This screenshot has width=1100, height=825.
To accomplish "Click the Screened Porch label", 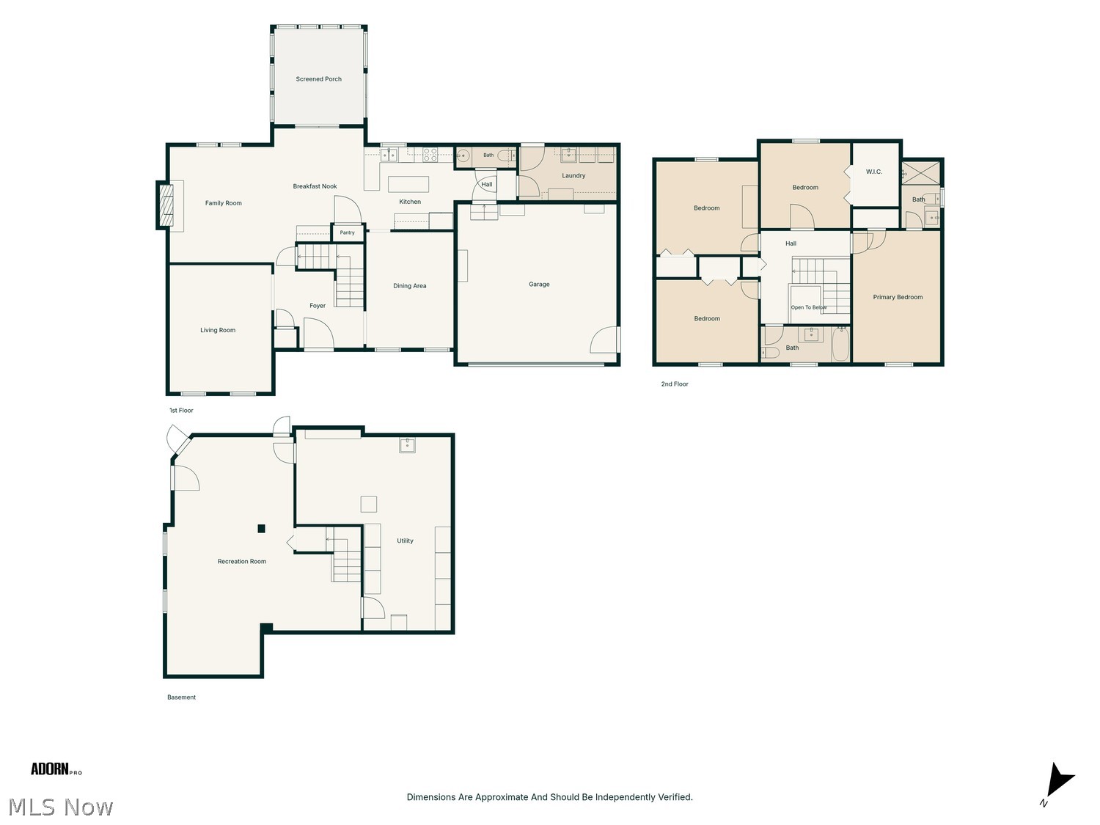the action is coord(318,79).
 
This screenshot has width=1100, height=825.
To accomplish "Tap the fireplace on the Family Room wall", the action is coord(166,205).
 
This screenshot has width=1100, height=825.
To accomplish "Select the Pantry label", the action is coord(347,232).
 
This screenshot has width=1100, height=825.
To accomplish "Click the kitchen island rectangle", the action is coord(408,184).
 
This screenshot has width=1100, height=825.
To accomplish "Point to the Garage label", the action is coord(539,284).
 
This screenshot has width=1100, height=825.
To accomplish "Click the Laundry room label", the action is coord(573,175).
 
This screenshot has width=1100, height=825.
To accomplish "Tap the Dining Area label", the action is coord(409,286).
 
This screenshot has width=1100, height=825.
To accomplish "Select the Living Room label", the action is coord(218,330).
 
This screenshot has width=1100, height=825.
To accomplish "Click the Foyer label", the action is coord(318,306).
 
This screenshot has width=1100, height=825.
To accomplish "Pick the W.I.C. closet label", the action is coord(873,172).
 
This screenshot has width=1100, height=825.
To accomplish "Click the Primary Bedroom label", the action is coord(897,297).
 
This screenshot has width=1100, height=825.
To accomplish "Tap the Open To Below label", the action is coord(808,307).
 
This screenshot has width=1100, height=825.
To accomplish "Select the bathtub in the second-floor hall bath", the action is coord(840,344).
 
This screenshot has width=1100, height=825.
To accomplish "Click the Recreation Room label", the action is coord(241,561).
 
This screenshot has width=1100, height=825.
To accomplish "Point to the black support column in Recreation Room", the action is coord(261,528).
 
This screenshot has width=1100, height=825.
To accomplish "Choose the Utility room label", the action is coord(405,540).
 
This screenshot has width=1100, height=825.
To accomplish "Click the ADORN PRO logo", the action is coord(56,769).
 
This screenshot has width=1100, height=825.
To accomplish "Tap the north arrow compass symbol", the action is coord(1058,782).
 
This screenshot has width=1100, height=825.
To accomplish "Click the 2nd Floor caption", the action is coord(674,384).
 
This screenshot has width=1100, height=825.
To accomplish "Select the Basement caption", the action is coord(181,697).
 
